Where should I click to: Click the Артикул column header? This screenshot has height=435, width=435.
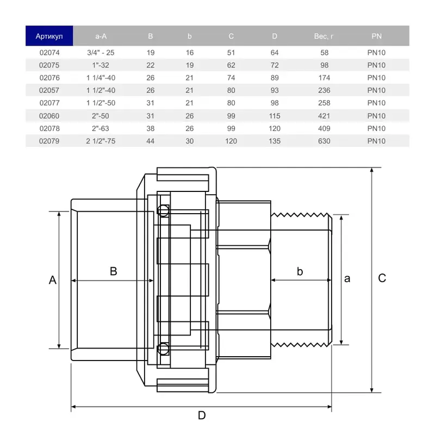[x=49, y=36]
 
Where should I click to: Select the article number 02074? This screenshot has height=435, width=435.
[x=49, y=52]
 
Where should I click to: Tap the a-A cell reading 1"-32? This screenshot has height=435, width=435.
[x=101, y=65]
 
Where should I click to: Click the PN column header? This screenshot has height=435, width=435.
[x=376, y=36]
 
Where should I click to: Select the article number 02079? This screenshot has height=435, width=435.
[x=49, y=141]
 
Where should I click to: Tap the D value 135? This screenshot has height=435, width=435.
[x=275, y=141]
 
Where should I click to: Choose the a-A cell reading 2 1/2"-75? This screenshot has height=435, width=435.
[x=101, y=141]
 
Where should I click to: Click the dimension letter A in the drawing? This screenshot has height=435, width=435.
[x=53, y=280]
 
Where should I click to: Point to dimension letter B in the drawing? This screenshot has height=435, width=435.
[x=114, y=271]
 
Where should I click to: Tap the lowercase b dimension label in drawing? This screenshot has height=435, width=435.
[x=300, y=271]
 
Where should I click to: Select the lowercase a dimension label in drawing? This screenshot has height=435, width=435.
[x=347, y=278]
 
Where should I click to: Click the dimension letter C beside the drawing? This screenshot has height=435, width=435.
[x=382, y=278]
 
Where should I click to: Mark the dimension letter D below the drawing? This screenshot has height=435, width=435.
[x=202, y=415]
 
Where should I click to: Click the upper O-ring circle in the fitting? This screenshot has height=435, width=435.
[x=163, y=211]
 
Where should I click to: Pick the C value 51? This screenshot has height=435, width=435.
[x=231, y=52]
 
